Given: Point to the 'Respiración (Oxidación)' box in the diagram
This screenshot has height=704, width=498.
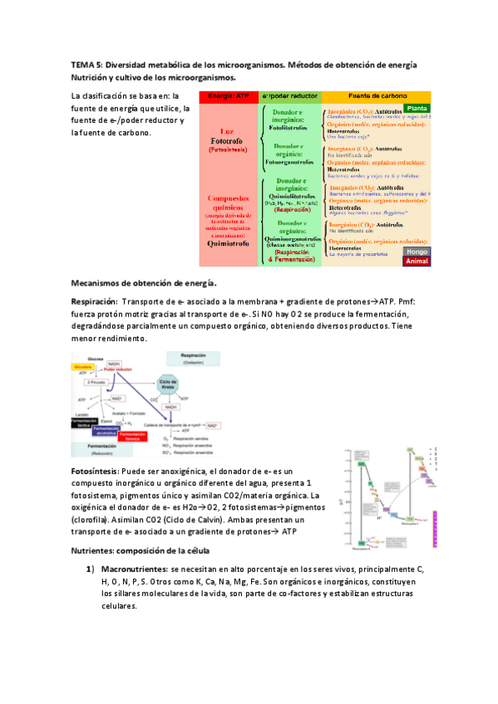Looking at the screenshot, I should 194,359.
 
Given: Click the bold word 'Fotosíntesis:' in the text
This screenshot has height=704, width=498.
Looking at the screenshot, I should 96,471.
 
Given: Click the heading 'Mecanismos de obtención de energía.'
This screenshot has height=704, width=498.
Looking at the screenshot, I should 145,282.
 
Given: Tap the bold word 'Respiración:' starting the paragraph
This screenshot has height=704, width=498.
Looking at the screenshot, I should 94,302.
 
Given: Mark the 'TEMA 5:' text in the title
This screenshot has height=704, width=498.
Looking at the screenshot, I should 86,65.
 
